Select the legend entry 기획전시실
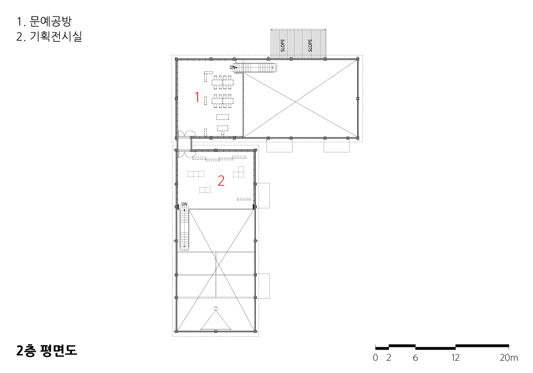coord(56,36)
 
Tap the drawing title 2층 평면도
coord(46,351)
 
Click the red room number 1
coord(197,97)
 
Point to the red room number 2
coord(221,181)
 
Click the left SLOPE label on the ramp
coord(283,45)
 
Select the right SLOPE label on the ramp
coord(310,45)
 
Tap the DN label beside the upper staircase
coord(232,67)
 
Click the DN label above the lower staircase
coord(184,204)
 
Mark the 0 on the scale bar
coord(375,358)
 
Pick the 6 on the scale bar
coord(415,358)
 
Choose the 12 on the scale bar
coord(456,358)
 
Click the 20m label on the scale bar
coord(509,358)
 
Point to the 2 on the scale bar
coord(389,358)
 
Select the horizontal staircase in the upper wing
coord(256,68)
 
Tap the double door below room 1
coord(186,134)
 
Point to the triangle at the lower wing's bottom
coord(215,321)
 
